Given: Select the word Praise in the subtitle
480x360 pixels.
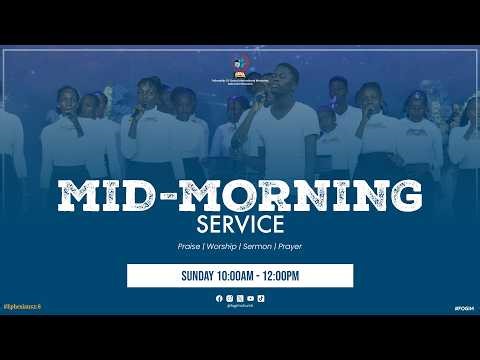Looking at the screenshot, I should pyautogui.click(x=183, y=246).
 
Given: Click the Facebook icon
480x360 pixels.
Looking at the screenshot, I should pyautogui.click(x=219, y=298).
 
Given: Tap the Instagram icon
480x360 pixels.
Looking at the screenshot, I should pyautogui.click(x=229, y=298).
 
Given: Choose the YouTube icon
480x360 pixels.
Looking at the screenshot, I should pyautogui.click(x=250, y=298).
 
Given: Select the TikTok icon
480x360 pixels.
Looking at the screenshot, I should pyautogui.click(x=261, y=298).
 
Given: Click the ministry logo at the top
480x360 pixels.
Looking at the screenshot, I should pyautogui.click(x=239, y=67).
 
